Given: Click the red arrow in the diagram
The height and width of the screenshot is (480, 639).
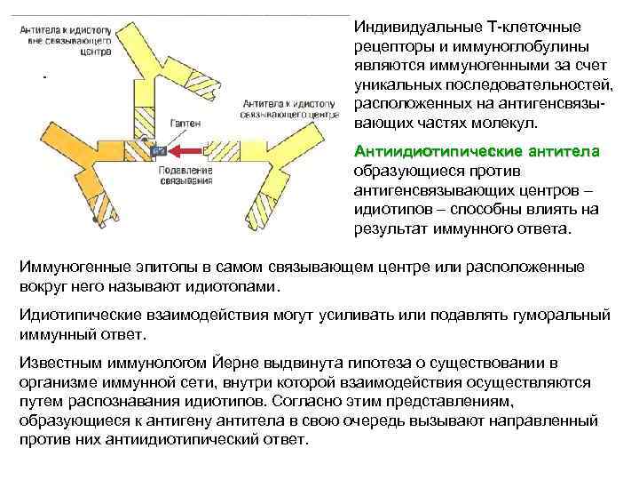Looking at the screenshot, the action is pyautogui.click(x=187, y=150).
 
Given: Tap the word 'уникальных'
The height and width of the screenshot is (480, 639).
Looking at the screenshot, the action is pyautogui.click(x=396, y=86).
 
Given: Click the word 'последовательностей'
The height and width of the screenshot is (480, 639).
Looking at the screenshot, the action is pyautogui.click(x=524, y=86).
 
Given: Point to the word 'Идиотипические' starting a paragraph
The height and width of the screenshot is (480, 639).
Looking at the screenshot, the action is pyautogui.click(x=75, y=316).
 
